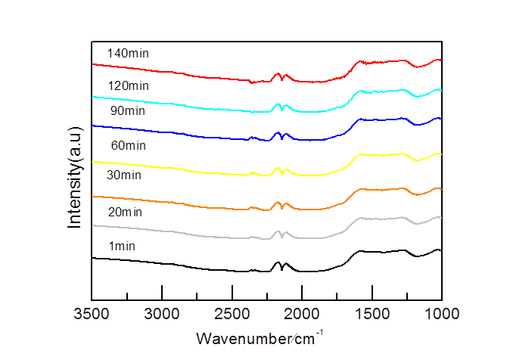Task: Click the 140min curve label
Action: coord(128,54)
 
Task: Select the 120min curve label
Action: coord(128,85)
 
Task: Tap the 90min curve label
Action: coord(127,111)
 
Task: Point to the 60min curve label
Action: coord(128,145)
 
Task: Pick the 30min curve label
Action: coord(124,175)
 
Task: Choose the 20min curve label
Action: coord(125,212)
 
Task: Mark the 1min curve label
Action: coord(122,246)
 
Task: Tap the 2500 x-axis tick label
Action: coord(232,313)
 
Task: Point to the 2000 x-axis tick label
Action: coord(303,313)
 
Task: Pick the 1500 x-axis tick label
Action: coord(372,313)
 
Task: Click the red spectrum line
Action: coord(189,76)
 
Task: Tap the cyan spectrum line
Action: coord(189,107)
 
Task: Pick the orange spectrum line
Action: coord(189,203)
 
